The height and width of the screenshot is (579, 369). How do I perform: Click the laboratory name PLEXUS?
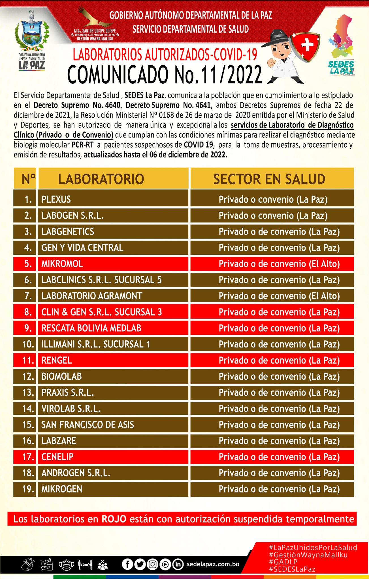(x=56, y=199)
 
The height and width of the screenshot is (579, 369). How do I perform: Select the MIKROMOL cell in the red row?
(x=62, y=264)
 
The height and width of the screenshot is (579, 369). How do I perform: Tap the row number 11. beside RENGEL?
(x=28, y=360)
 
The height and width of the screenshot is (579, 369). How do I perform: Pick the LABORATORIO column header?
(x=101, y=179)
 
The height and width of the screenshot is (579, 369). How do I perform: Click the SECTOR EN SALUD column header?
(x=269, y=179)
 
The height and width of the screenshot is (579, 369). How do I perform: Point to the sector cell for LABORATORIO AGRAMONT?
(x=279, y=296)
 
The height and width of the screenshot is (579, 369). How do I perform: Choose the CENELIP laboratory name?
(x=57, y=457)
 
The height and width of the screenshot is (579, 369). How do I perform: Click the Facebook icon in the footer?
(x=127, y=564)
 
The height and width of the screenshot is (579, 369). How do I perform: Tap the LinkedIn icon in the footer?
(x=178, y=564)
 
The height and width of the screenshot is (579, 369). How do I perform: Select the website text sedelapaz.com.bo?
(x=213, y=564)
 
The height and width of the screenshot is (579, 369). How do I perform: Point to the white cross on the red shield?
(x=307, y=45)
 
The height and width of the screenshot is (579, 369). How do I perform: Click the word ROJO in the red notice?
(x=114, y=519)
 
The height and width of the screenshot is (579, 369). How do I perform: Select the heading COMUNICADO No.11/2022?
(x=165, y=75)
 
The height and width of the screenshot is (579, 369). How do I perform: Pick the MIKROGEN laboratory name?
(x=62, y=489)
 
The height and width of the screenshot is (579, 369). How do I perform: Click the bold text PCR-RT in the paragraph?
(x=82, y=145)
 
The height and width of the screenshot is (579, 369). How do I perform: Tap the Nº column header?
(x=28, y=179)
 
